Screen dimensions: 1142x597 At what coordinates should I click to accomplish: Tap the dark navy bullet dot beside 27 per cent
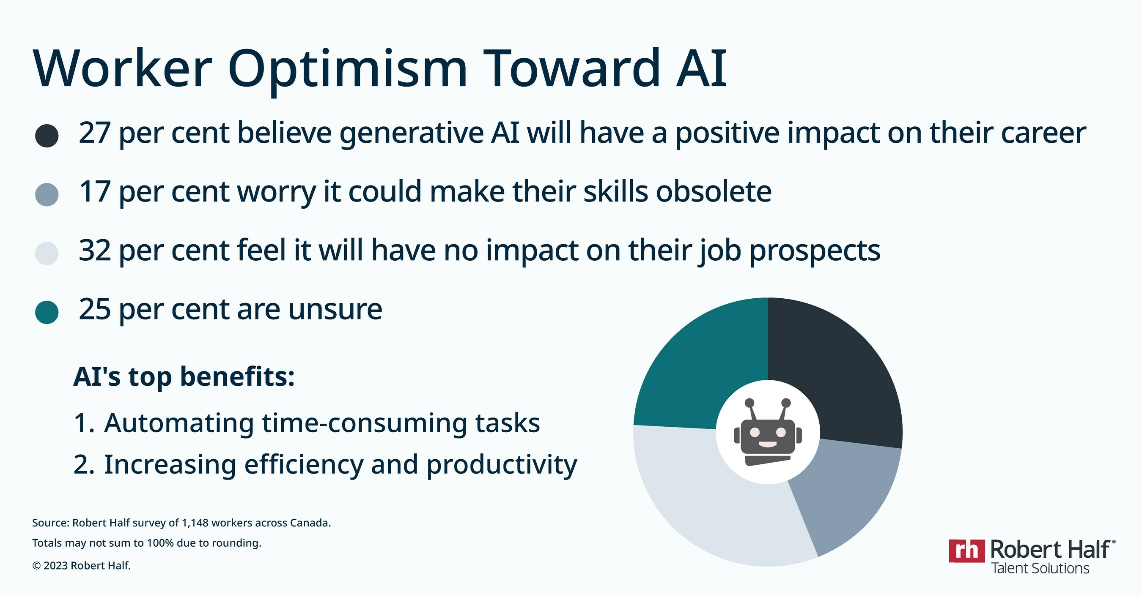(47, 136)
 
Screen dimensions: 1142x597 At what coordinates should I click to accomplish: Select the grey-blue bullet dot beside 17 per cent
(47, 194)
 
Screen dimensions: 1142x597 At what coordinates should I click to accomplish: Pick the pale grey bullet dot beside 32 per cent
(47, 254)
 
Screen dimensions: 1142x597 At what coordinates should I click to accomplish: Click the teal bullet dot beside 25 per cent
(47, 312)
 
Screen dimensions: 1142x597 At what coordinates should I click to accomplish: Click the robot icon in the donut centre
(768, 432)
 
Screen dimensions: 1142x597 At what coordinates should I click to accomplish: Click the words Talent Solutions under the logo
(1040, 568)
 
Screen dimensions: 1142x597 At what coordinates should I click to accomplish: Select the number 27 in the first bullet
(94, 133)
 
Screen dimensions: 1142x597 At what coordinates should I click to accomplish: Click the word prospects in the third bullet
(815, 251)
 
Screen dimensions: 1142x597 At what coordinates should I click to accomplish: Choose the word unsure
(335, 310)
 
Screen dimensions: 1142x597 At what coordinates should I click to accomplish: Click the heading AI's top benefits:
(184, 377)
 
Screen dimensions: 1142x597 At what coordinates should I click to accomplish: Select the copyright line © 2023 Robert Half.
(82, 566)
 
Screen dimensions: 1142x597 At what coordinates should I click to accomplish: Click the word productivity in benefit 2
(502, 466)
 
